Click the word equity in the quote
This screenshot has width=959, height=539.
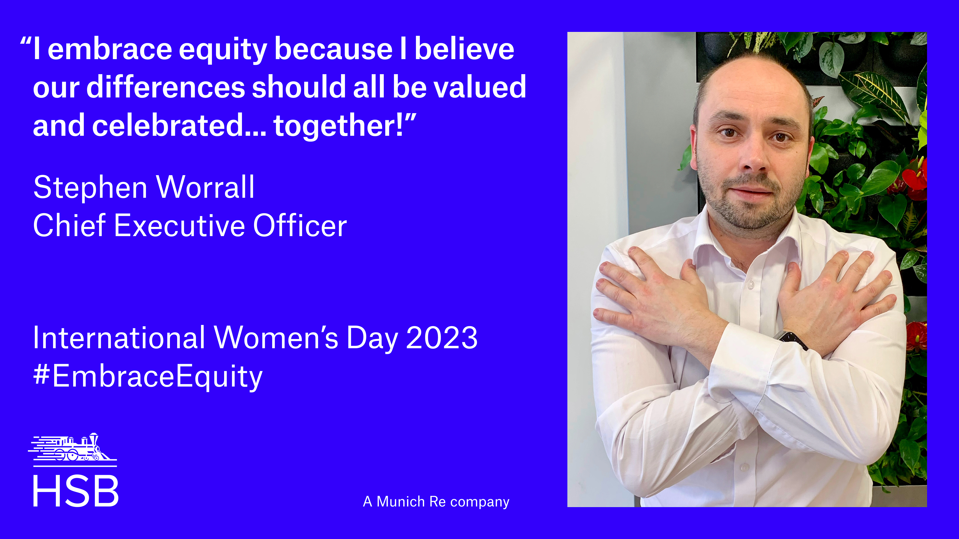point(223,50)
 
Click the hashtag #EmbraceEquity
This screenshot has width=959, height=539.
point(148,377)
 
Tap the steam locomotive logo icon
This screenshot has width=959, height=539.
point(73,449)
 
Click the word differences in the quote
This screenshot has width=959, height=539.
point(166,87)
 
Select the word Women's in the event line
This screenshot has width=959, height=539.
point(276,337)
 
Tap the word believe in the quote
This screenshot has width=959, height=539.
point(464,49)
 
